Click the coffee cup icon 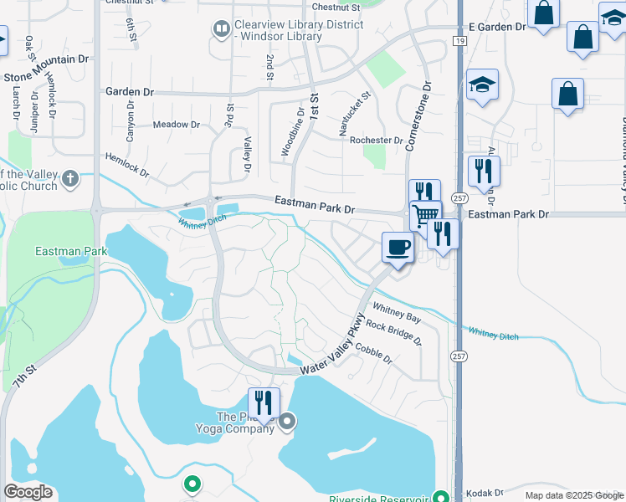click(x=398, y=247)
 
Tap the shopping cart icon click(x=426, y=215)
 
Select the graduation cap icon click(x=482, y=85)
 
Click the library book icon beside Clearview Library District click(x=221, y=29)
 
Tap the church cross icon click(x=70, y=178)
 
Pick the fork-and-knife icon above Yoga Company click(x=264, y=403)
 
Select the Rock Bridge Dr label click(x=393, y=333)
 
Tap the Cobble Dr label click(x=372, y=352)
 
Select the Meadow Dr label click(x=177, y=125)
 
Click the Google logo click(x=28, y=491)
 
